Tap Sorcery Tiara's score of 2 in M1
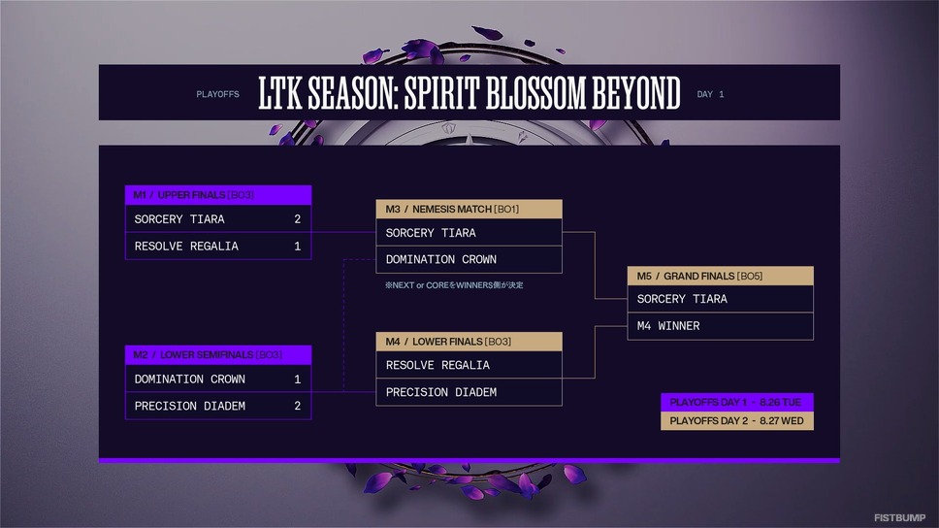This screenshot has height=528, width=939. pyautogui.click(x=297, y=219)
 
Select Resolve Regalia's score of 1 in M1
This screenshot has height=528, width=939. pyautogui.click(x=297, y=247)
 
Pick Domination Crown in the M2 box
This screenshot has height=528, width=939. pyautogui.click(x=190, y=379)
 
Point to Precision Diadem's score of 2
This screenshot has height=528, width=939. pyautogui.click(x=297, y=407)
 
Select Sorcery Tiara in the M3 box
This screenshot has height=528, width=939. pyautogui.click(x=431, y=233)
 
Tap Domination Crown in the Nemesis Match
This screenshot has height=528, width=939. pyautogui.click(x=440, y=260)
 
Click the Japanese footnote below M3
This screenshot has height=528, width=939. pyautogui.click(x=454, y=285)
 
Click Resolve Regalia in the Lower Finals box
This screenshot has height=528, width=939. pyautogui.click(x=437, y=366)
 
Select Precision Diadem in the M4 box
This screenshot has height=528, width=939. pyautogui.click(x=440, y=393)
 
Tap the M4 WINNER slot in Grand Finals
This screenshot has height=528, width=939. pyautogui.click(x=668, y=326)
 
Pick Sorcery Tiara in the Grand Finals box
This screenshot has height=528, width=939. pyautogui.click(x=682, y=299)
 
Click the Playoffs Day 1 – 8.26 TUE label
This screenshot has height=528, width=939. pyautogui.click(x=737, y=402)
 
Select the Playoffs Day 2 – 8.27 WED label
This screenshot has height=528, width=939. pyautogui.click(x=737, y=421)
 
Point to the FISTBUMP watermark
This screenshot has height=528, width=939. pyautogui.click(x=899, y=517)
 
